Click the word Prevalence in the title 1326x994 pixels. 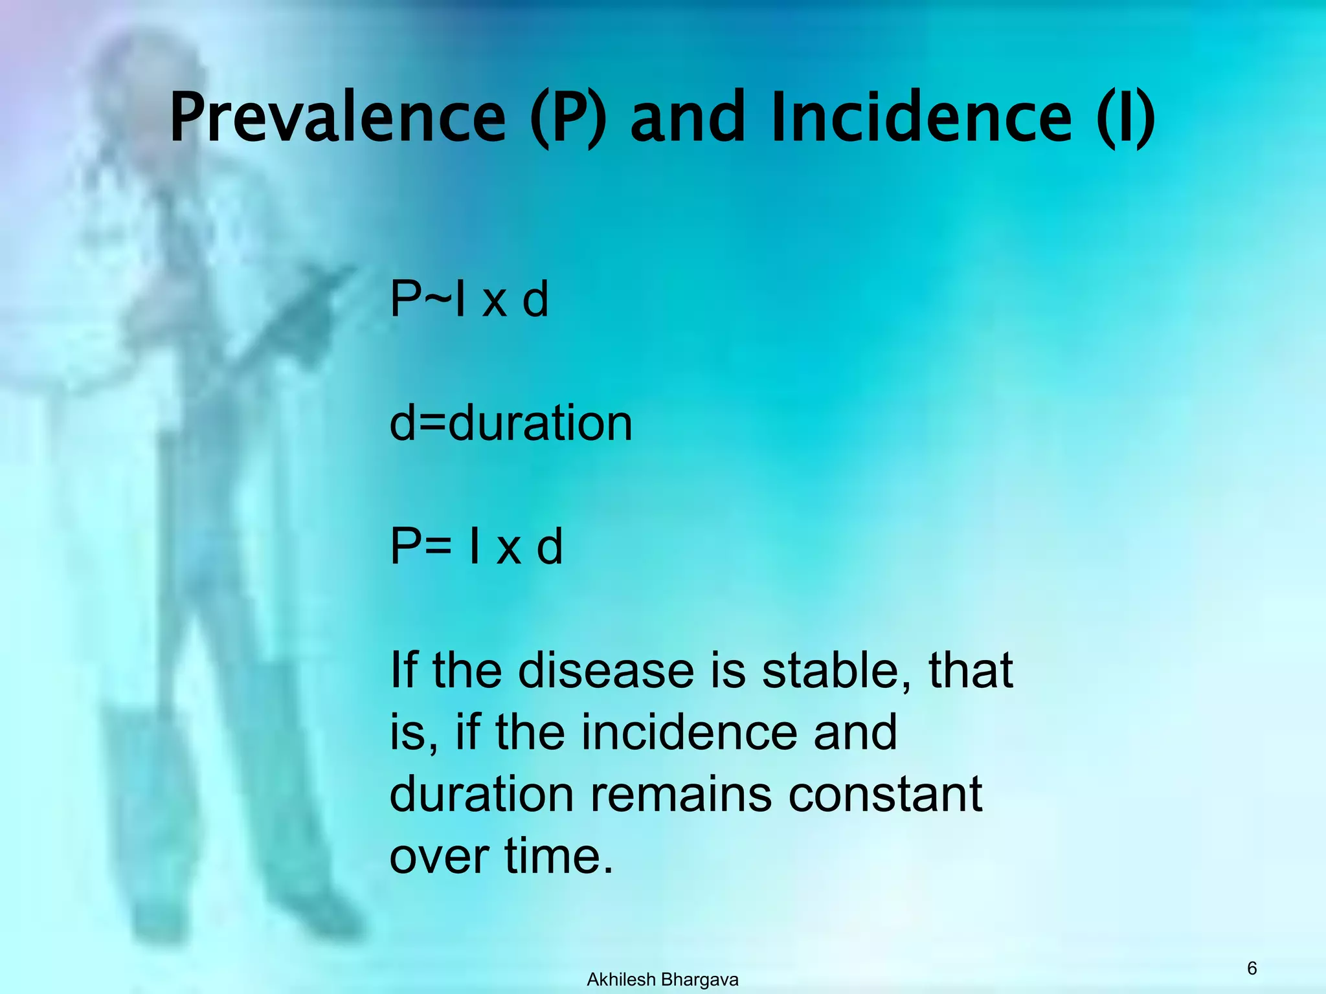tap(337, 118)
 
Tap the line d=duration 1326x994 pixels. tap(510, 423)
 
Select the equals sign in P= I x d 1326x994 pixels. tap(438, 547)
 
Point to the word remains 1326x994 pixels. tap(680, 794)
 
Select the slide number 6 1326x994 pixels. tap(1252, 968)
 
